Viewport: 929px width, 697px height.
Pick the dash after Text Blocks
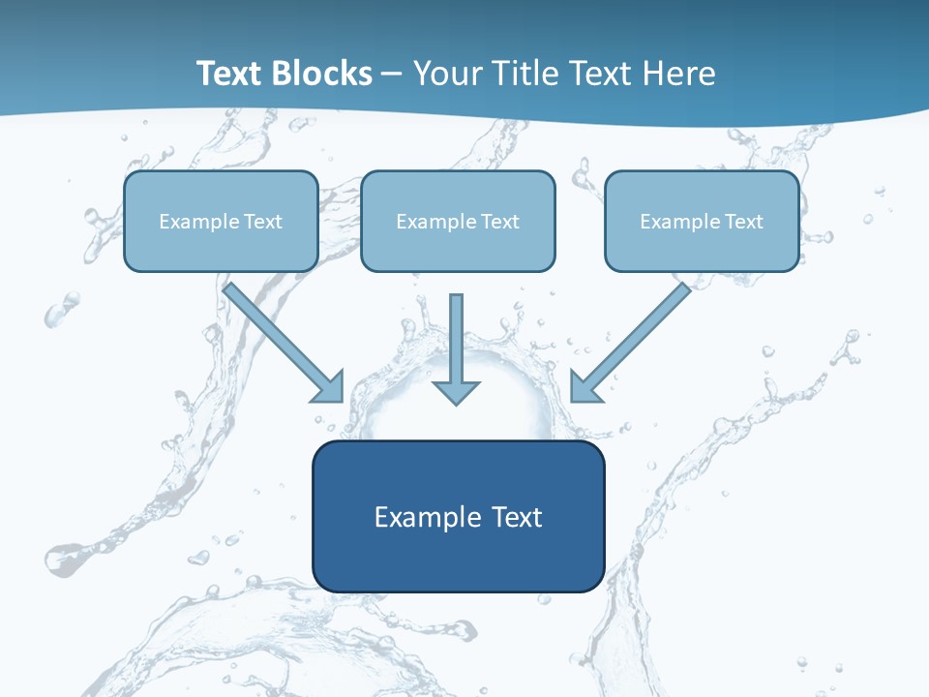(392, 75)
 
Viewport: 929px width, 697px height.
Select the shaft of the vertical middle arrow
(457, 334)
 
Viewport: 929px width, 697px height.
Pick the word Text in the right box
(744, 222)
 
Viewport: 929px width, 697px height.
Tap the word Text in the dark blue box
(518, 517)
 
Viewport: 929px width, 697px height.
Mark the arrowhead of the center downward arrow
(457, 391)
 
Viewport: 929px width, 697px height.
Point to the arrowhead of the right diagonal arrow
(584, 388)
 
